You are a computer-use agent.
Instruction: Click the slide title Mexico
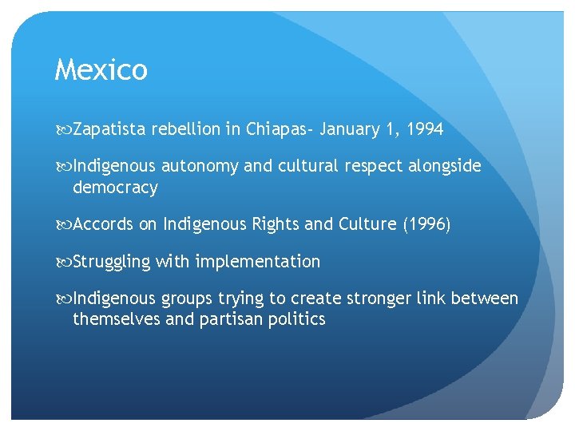[101, 70]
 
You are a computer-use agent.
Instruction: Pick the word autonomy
[200, 166]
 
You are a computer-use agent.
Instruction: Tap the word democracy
[115, 188]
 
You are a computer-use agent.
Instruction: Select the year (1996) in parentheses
[426, 225]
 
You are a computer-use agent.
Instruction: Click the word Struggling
[112, 262]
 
